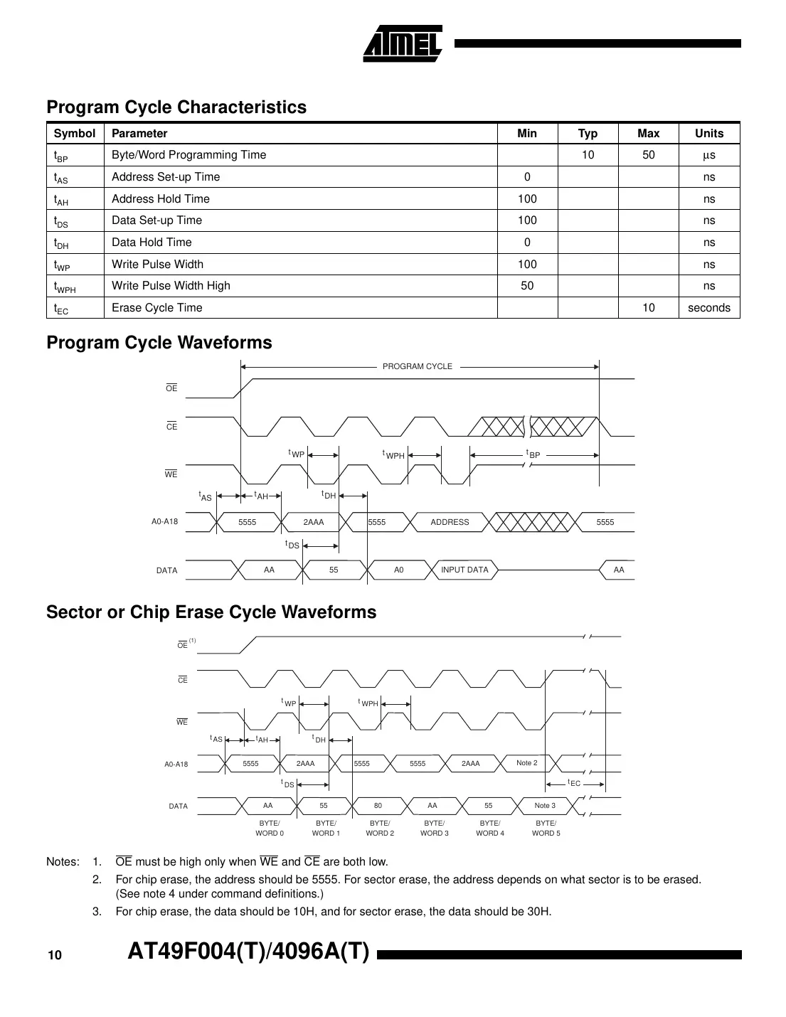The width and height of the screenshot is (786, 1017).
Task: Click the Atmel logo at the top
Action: [403, 44]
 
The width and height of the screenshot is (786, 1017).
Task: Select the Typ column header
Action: [588, 133]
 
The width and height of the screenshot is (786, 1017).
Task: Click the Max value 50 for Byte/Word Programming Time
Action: [648, 155]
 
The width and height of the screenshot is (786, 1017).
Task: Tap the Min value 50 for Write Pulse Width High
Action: [526, 286]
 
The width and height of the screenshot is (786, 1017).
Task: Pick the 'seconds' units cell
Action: [708, 308]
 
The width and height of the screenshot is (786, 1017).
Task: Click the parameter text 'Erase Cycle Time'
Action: [157, 308]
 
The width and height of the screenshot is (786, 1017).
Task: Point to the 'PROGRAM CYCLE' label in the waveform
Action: [418, 366]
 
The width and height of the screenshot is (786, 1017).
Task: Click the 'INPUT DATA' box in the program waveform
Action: [464, 570]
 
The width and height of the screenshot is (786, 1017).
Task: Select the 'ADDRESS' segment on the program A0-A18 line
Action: [450, 522]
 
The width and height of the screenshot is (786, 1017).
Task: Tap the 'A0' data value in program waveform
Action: [398, 570]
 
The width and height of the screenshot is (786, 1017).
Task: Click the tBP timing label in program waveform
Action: [533, 454]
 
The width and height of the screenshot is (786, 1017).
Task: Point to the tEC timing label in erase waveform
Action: [574, 783]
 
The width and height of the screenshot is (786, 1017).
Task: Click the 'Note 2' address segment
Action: [527, 763]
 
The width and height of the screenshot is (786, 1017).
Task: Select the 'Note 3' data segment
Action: [545, 806]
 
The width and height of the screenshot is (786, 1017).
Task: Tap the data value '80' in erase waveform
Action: [378, 806]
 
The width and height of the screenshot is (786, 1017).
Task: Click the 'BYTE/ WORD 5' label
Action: [546, 828]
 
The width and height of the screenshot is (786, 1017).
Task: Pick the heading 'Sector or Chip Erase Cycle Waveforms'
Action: [211, 612]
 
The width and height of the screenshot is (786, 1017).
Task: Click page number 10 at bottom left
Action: [55, 955]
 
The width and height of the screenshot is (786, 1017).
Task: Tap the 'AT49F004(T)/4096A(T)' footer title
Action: [249, 952]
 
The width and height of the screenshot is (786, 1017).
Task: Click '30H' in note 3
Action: [538, 912]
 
